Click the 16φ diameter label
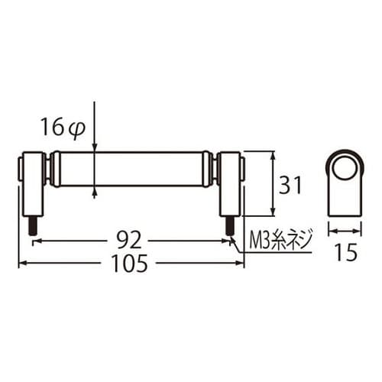tap(63, 127)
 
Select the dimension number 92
tap(128, 241)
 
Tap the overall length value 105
tap(130, 264)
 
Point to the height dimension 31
tap(290, 185)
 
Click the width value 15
tap(346, 252)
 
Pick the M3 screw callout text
tap(280, 240)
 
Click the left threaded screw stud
tap(34, 225)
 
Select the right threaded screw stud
tap(229, 225)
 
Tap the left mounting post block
tap(33, 184)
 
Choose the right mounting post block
tap(229, 184)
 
